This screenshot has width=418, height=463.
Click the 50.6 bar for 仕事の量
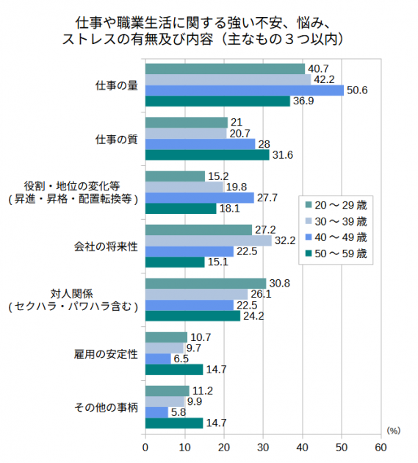coord(245,90)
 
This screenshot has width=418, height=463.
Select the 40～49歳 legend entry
coord(339,237)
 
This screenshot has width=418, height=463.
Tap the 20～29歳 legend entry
coord(339,204)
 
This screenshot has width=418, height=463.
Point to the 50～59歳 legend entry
coord(339,254)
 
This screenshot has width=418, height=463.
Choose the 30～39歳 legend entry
coord(339,220)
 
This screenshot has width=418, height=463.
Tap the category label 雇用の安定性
coord(107,353)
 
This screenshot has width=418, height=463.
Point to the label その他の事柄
coord(107,407)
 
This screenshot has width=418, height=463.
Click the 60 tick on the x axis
coord(381,446)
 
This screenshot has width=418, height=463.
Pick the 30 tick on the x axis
coord(263,446)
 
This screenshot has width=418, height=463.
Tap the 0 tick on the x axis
coord(145,446)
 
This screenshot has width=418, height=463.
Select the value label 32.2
coord(284,241)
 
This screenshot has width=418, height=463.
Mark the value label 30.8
coord(278,284)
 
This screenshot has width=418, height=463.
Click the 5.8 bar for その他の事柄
coord(156,412)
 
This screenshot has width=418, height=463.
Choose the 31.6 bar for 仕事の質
coord(207,155)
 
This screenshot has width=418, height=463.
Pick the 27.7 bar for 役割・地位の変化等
coord(200,198)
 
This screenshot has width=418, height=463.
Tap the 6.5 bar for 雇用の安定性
coord(158,359)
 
